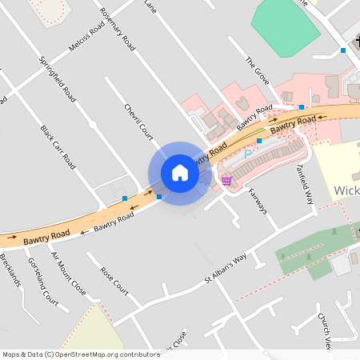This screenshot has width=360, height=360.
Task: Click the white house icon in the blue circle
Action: pyautogui.click(x=180, y=173)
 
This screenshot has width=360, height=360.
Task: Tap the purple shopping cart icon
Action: pyautogui.click(x=226, y=180)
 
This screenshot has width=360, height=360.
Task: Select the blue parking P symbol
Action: pyautogui.click(x=248, y=152)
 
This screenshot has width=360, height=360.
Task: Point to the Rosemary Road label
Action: pyautogui.click(x=117, y=30)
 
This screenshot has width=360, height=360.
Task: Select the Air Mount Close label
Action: pyautogui.click(x=69, y=274)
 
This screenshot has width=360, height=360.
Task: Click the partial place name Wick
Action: pyautogui.click(x=346, y=190)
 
